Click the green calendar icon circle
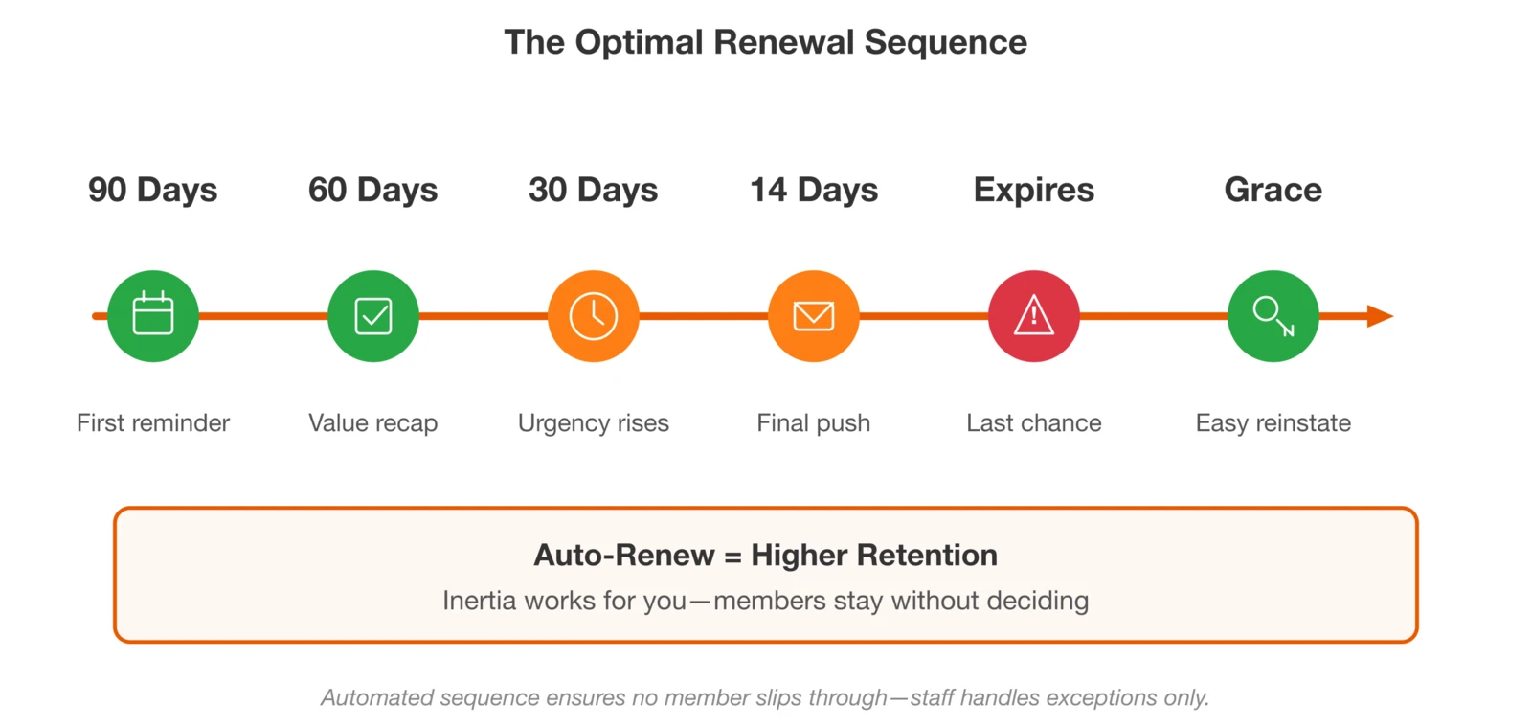153,316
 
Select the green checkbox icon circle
373,316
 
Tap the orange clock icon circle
594,316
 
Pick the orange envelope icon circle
814,316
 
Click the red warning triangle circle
1034,316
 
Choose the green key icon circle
1273,316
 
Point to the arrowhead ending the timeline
1380,316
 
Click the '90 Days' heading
153,190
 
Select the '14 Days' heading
814,190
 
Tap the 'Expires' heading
1034,190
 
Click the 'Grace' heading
1273,190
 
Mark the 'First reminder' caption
153,422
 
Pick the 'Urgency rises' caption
594,422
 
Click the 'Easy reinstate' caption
1273,422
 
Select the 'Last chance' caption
1034,422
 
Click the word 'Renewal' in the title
784,42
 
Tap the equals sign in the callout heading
732,557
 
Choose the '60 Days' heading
373,190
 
